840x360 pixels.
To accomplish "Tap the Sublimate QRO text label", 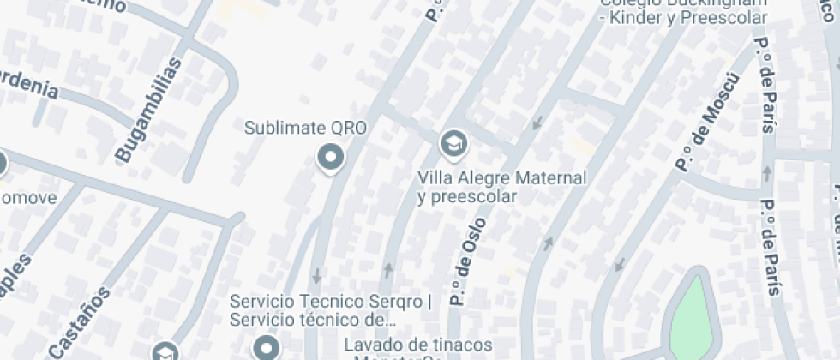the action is [x=305, y=129].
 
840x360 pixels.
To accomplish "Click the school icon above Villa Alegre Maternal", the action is [x=453, y=144].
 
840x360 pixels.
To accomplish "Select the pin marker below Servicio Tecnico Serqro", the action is [x=267, y=347].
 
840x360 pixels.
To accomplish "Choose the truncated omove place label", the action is [x=27, y=198].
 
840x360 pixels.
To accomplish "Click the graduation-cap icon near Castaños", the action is [x=164, y=352].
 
